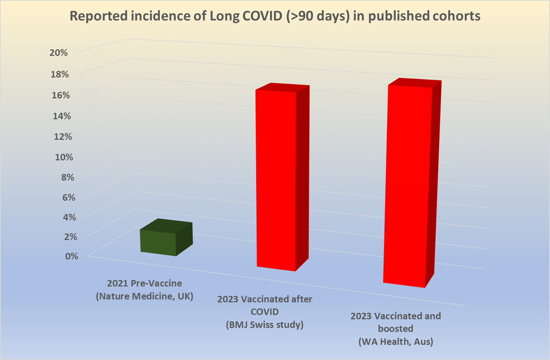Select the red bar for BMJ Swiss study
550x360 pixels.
tap(275, 179)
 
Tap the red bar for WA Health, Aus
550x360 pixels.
tap(407, 186)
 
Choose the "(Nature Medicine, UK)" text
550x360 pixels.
tap(144, 296)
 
